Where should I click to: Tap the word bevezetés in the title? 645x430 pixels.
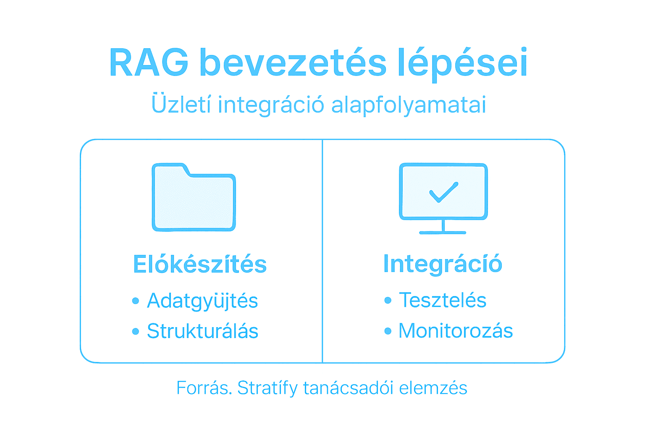[x=293, y=63]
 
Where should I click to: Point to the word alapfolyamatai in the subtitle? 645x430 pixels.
[x=409, y=105]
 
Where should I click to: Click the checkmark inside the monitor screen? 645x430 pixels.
[x=443, y=192]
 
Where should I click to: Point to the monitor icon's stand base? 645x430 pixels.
[x=443, y=232]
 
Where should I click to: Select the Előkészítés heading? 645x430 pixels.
[x=200, y=264]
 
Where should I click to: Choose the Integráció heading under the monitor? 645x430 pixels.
[x=443, y=264]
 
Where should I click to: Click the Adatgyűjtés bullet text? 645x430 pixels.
[x=202, y=301]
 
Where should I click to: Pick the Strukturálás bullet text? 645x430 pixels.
[x=202, y=331]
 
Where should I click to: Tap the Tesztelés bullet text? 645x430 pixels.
[x=443, y=300]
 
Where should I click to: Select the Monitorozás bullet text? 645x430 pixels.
[x=456, y=331]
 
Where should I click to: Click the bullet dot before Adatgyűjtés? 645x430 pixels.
[x=135, y=301]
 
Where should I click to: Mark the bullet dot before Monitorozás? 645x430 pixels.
[x=388, y=331]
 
